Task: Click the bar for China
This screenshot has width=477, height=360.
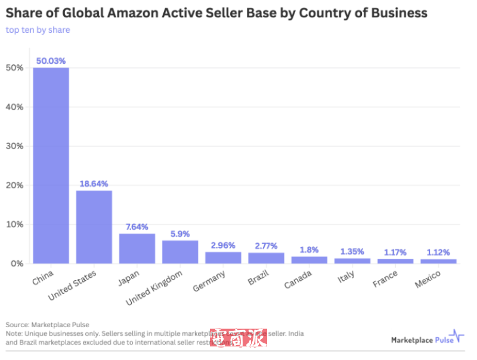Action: [x=51, y=166]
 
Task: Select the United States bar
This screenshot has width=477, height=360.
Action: [x=94, y=227]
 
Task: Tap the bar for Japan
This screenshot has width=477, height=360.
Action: [x=137, y=249]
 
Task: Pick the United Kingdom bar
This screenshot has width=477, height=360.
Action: [x=179, y=252]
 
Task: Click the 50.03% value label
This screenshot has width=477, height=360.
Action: [x=51, y=61]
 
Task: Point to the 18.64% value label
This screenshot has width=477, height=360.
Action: [x=94, y=184]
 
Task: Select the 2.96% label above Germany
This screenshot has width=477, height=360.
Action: [x=223, y=245]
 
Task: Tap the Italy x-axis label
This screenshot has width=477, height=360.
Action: [x=346, y=276]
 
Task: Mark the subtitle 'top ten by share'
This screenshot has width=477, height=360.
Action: [x=38, y=30]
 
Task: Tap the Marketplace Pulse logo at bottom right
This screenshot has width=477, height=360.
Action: [x=427, y=339]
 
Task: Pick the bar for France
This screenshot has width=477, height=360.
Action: [x=395, y=261]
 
